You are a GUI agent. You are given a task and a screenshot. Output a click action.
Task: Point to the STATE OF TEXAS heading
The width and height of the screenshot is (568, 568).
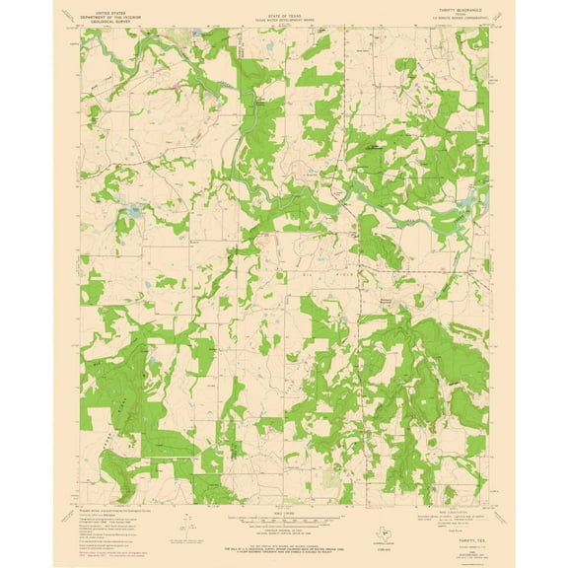tap(283, 7)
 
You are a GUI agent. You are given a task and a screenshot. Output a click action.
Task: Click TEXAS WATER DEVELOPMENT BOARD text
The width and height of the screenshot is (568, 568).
tap(283, 13)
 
